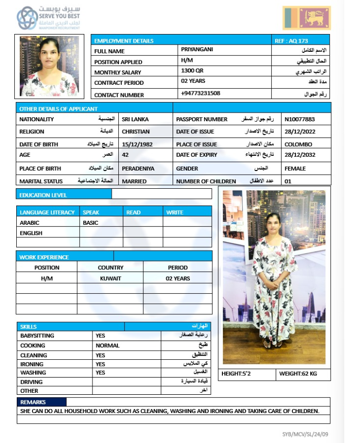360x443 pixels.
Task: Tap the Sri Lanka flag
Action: [x=306, y=18]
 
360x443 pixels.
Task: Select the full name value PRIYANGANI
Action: [x=197, y=49]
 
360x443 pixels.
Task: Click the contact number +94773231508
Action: [x=201, y=93]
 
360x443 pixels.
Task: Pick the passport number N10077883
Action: [x=300, y=119]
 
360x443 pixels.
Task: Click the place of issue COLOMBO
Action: [x=299, y=144]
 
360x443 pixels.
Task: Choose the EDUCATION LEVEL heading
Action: [x=43, y=195]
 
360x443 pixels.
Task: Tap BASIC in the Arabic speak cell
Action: [x=90, y=223]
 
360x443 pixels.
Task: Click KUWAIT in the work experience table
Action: [x=111, y=279]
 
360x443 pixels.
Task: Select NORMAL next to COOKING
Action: [x=108, y=346]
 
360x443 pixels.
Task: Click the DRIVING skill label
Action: [x=31, y=382]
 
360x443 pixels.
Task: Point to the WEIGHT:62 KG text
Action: [x=298, y=374]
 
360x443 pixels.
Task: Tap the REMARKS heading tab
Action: [x=34, y=402]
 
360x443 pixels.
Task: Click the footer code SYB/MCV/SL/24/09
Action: [x=305, y=434]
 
